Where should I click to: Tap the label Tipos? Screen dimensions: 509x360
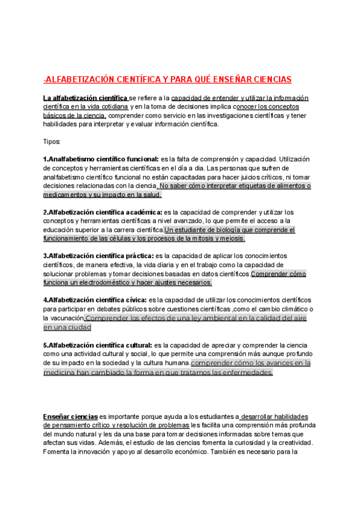[52, 142]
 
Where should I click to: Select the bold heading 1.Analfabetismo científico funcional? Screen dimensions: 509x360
[101, 159]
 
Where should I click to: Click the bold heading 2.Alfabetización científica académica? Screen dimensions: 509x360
[103, 212]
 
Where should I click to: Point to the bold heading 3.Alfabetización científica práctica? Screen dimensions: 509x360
[98, 256]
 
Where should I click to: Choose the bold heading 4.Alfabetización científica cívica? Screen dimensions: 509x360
[95, 300]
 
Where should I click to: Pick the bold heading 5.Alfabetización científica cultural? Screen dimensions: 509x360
[98, 346]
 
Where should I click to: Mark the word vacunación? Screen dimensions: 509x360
[66, 318]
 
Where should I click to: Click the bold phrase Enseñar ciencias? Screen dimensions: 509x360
[70, 416]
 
